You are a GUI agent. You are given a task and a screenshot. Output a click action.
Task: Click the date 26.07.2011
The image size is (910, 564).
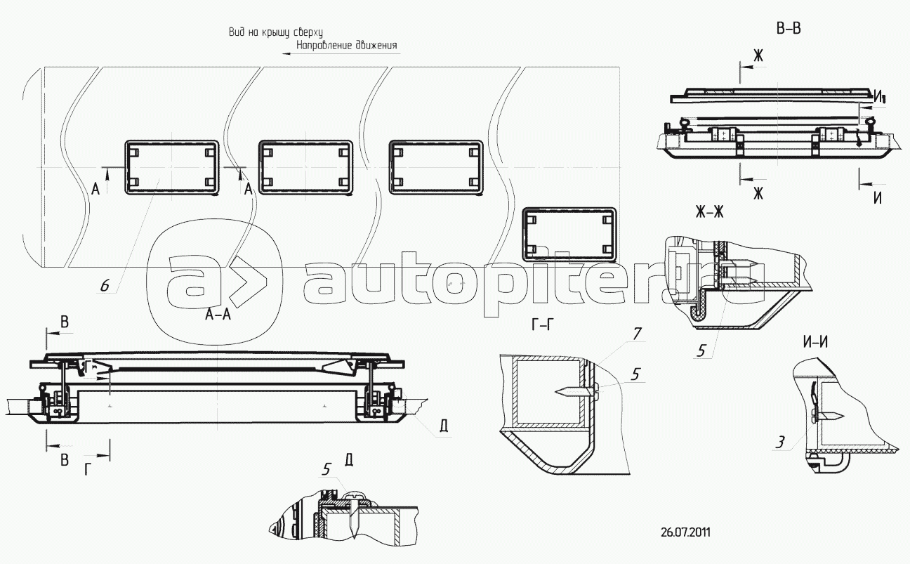(686, 532)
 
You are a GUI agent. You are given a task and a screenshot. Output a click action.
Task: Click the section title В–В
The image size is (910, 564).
(789, 29)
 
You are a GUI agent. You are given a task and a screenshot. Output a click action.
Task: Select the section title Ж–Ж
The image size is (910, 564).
(710, 211)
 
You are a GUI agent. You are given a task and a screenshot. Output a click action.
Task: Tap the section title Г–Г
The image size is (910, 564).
(543, 325)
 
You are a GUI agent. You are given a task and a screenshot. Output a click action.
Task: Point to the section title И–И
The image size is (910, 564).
(815, 343)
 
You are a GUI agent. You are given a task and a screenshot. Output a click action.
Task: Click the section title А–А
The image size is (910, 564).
(218, 314)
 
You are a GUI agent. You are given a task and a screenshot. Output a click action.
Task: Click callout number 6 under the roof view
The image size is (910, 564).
(105, 286)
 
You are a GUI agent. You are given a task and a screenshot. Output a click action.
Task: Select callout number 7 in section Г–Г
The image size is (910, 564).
(637, 334)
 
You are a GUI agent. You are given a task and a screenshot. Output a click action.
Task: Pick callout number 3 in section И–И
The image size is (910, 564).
(779, 442)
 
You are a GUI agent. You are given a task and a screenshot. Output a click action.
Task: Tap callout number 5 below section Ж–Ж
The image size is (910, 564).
(701, 350)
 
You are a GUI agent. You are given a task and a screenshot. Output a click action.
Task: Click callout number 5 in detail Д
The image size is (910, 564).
(327, 469)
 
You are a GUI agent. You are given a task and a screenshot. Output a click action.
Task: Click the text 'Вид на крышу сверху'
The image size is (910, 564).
(276, 32)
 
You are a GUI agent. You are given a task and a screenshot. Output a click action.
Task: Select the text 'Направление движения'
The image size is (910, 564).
(347, 45)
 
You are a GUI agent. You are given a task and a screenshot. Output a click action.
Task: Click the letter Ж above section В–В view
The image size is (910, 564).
(758, 55)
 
